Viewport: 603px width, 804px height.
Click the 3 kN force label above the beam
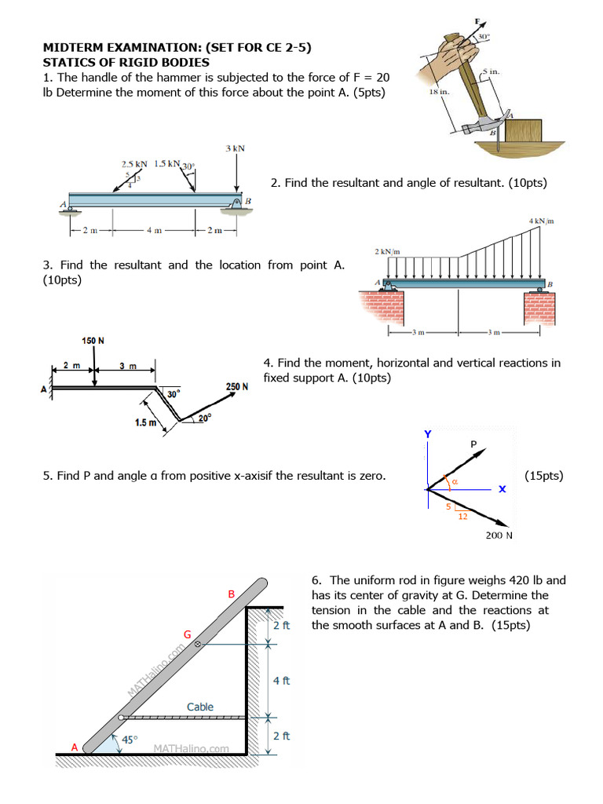234,148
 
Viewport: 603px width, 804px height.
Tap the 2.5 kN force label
134,164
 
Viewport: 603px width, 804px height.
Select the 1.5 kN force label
166,164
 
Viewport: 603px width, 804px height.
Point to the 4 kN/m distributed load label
542,221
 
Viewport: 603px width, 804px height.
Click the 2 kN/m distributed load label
388,251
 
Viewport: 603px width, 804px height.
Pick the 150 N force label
93,340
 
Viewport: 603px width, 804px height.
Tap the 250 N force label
237,386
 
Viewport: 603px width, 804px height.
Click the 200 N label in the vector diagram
499,535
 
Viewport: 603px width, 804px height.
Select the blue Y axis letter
428,434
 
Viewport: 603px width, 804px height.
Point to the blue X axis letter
502,488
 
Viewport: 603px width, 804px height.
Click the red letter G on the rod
187,634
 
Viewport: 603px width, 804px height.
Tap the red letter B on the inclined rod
232,594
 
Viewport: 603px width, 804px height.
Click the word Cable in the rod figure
200,707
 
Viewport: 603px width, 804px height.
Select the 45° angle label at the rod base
130,740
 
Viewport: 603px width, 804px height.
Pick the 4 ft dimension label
281,680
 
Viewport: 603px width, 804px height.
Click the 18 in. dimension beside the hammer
439,93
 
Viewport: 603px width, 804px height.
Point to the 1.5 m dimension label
145,423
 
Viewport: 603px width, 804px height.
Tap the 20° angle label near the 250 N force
204,418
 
